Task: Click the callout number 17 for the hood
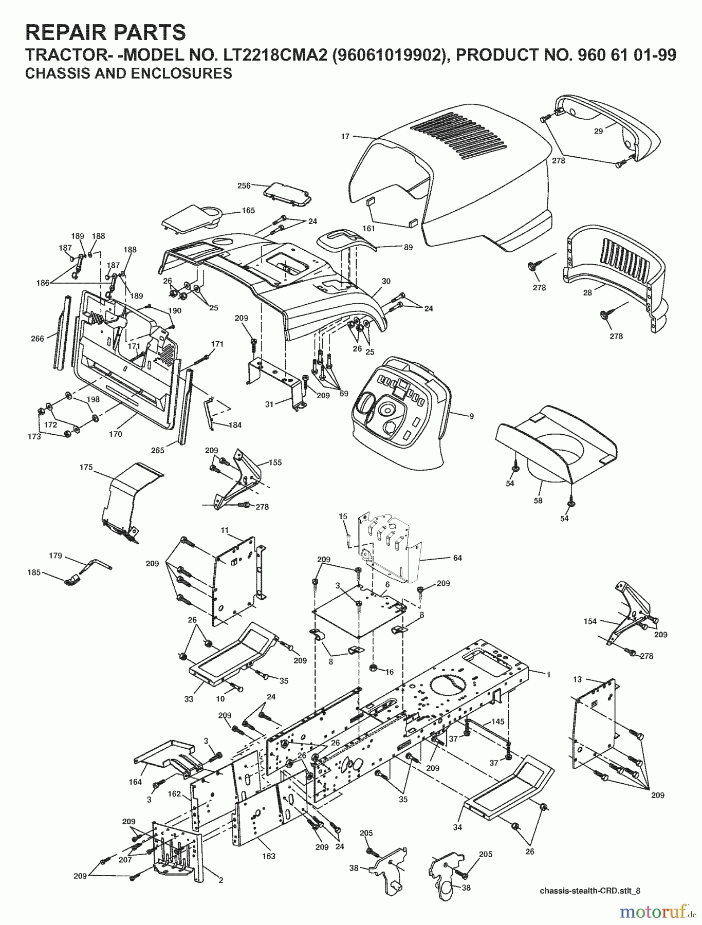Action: click(345, 137)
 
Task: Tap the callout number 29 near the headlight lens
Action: click(598, 132)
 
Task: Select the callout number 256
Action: click(244, 186)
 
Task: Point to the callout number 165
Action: click(248, 210)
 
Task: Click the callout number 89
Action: click(408, 247)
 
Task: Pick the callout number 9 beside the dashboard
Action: click(471, 416)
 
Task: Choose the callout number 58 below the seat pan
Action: click(538, 501)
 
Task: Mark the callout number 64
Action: click(457, 558)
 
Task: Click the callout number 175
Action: click(86, 467)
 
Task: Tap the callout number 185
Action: click(34, 572)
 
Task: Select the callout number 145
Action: click(497, 721)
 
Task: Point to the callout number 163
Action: click(269, 856)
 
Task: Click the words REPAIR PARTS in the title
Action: click(105, 32)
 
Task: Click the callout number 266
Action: click(38, 339)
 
